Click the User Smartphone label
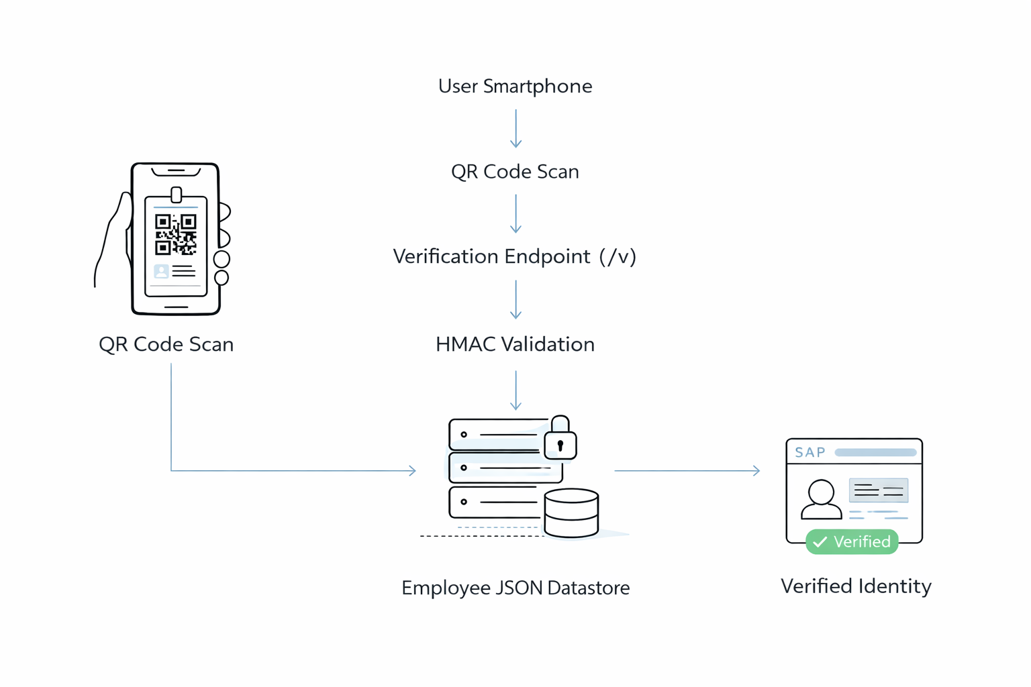[515, 87]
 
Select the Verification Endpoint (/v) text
[514, 257]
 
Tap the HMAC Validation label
[515, 345]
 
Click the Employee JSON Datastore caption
[515, 588]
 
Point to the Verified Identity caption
[856, 586]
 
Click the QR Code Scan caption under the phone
[166, 345]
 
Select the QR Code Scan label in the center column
[515, 172]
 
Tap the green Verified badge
[852, 542]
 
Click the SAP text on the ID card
[810, 453]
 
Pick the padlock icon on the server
[560, 439]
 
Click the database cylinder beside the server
[571, 513]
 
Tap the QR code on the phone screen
[176, 234]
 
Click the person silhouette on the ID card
[821, 500]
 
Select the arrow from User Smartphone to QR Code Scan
[515, 128]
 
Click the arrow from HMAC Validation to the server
[515, 390]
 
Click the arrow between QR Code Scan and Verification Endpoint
[515, 213]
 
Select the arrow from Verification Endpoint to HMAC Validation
[515, 299]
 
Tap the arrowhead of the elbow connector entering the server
[412, 471]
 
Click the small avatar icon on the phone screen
[161, 272]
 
